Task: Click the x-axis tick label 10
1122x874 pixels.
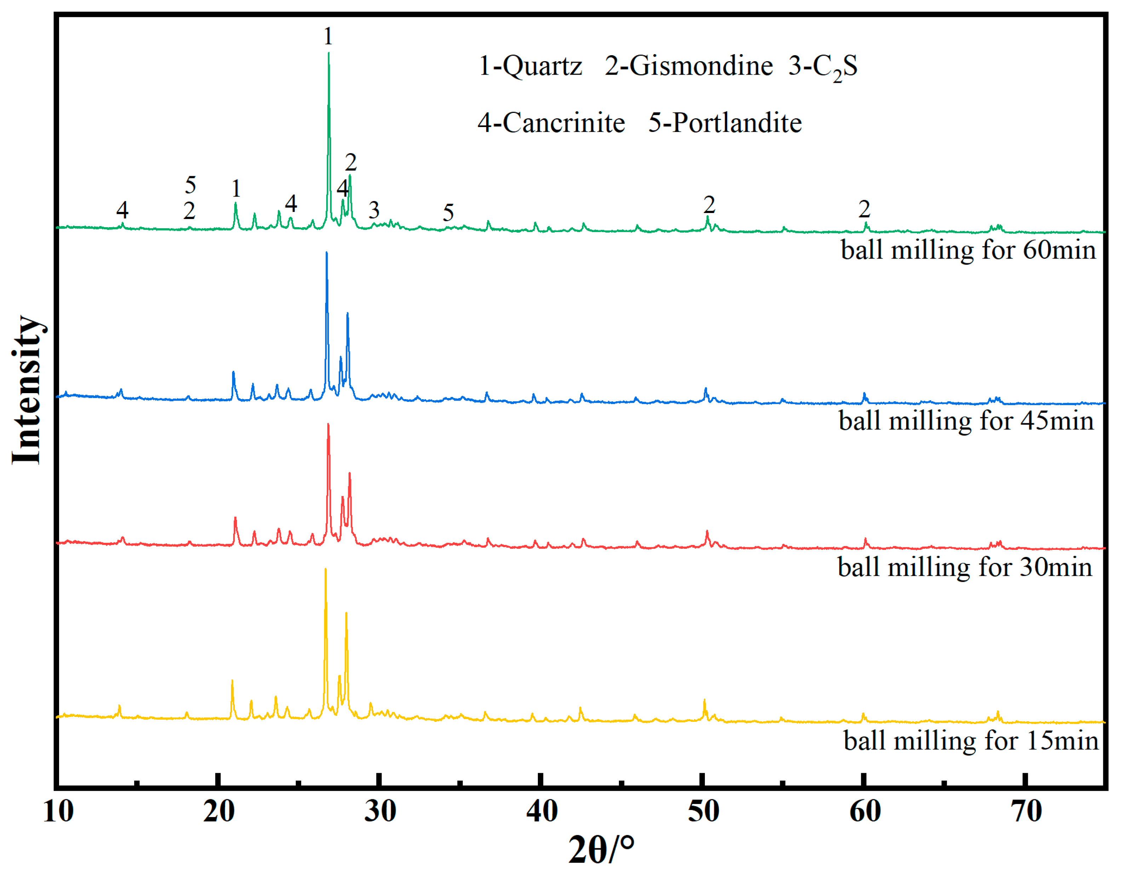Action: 58,812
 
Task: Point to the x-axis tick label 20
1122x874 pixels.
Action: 219,812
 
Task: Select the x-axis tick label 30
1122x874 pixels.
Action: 380,812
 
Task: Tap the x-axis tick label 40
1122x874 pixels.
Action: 541,812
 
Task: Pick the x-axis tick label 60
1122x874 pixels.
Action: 865,812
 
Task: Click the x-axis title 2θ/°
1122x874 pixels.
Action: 601,850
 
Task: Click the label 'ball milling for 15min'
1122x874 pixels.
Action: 971,741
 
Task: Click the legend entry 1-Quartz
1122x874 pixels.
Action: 530,66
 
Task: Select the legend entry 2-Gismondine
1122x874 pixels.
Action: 689,66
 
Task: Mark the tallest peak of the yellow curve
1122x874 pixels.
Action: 325,570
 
